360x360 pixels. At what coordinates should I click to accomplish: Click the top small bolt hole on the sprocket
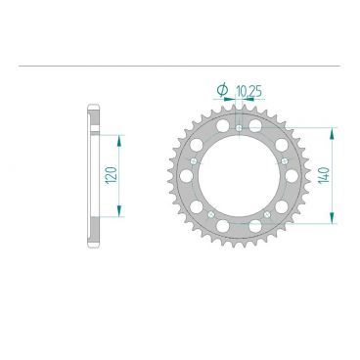[239, 126]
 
